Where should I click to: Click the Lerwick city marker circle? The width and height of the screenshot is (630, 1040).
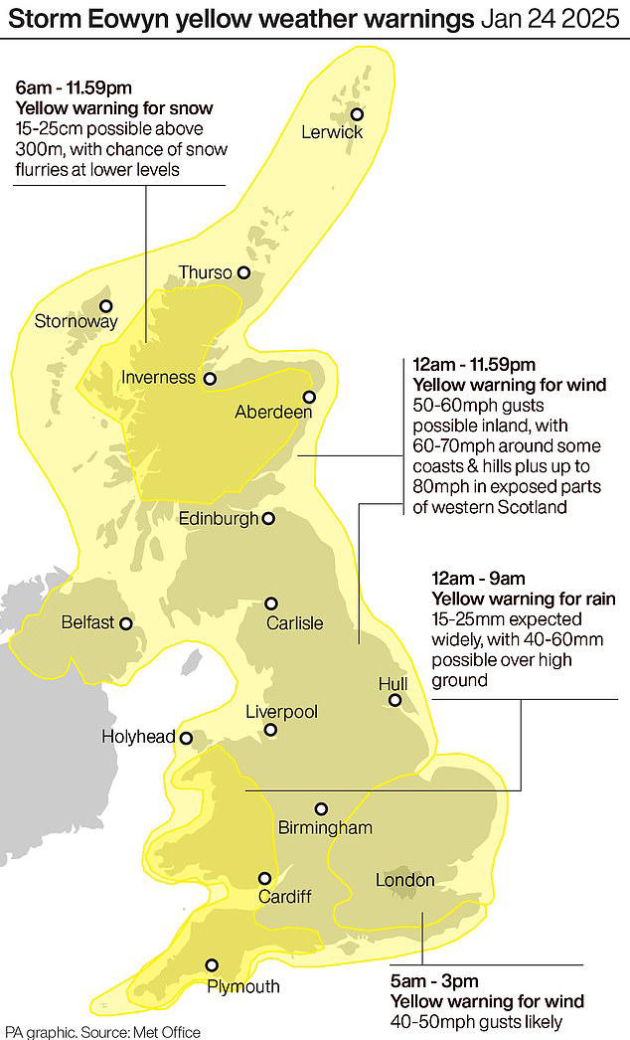(x=357, y=114)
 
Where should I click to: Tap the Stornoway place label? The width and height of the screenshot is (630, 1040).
(x=77, y=321)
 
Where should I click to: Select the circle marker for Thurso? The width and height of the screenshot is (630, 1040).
(x=243, y=272)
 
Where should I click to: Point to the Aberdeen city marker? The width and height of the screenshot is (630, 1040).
(x=309, y=397)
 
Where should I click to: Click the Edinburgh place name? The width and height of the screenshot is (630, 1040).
(x=218, y=518)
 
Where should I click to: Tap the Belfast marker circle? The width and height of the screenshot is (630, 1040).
(x=126, y=623)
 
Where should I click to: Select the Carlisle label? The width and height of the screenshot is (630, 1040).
(x=294, y=623)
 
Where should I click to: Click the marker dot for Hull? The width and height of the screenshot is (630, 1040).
(x=394, y=701)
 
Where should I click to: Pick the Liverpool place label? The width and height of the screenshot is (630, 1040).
(x=281, y=712)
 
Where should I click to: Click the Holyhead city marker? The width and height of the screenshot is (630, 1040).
(x=185, y=737)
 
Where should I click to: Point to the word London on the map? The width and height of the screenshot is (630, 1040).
(x=405, y=880)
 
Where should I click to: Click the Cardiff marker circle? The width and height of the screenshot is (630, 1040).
(x=265, y=878)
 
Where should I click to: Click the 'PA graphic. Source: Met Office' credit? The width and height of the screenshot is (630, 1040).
(x=102, y=1031)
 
